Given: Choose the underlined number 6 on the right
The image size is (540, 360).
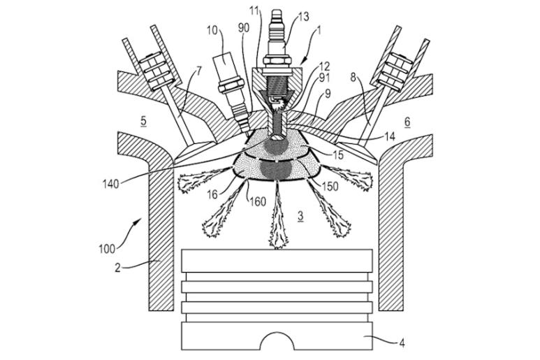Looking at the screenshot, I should click(x=407, y=120).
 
